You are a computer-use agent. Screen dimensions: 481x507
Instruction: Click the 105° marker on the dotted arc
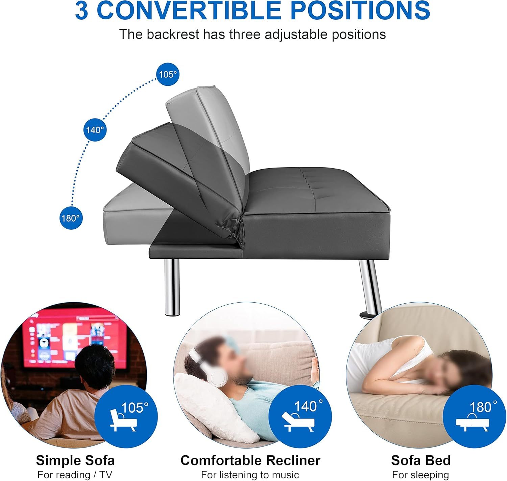[x=168, y=74]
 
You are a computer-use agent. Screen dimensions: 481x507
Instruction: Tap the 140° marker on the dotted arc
[x=95, y=130]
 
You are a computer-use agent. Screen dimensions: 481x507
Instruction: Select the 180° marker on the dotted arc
[x=71, y=218]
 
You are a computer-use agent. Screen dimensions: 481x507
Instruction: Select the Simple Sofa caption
[x=75, y=460]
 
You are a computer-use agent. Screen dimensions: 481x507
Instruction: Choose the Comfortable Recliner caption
[x=250, y=460]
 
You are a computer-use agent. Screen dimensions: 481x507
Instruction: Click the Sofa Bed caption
[x=421, y=460]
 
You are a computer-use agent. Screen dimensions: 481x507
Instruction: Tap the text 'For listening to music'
[x=250, y=475]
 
